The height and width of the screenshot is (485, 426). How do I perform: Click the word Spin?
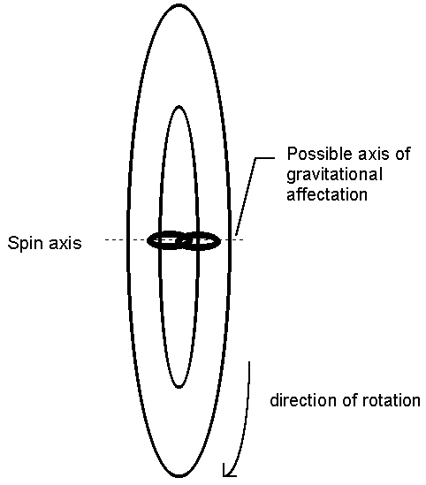(25, 244)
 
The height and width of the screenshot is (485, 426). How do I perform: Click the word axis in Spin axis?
(65, 243)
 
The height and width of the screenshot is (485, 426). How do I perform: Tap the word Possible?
(320, 154)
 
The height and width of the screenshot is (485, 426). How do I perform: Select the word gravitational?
(334, 175)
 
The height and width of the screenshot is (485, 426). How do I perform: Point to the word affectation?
(327, 194)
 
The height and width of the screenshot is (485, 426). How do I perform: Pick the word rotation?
(391, 400)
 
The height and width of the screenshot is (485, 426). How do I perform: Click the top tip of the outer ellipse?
(179, 5)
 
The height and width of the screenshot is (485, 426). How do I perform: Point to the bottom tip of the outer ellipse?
(179, 477)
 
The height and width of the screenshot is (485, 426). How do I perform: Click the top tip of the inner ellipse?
(179, 107)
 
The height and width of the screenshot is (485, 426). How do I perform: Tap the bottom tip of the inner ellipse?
(179, 387)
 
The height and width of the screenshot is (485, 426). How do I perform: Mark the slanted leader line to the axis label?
(246, 197)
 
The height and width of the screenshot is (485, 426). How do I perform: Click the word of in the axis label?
(402, 154)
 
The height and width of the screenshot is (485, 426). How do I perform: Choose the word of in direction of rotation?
(349, 400)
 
